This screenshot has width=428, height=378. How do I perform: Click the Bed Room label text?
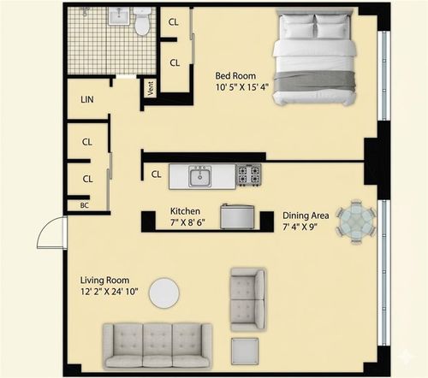[237, 75]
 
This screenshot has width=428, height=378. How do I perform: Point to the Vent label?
[151, 88]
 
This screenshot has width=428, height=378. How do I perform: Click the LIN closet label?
[87, 100]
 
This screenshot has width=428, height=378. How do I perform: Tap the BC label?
[85, 205]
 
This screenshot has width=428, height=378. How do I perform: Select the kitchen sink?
[201, 176]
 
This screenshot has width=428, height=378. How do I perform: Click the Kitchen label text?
[185, 211]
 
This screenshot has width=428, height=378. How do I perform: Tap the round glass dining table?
[354, 221]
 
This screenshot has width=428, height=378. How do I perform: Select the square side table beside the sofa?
[246, 351]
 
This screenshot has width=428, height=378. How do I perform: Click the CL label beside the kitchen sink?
[157, 174]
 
